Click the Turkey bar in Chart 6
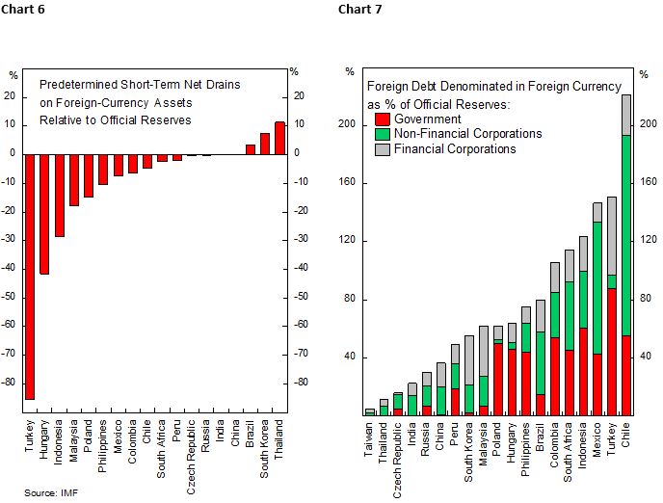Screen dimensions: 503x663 (x=30, y=275)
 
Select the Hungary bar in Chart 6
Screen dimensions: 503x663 (x=44, y=213)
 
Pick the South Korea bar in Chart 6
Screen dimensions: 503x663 (x=265, y=143)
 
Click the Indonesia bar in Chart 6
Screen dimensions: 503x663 (x=59, y=194)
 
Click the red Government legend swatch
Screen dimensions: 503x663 (x=381, y=119)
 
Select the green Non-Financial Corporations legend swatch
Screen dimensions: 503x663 (x=381, y=134)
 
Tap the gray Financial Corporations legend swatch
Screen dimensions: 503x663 (x=381, y=148)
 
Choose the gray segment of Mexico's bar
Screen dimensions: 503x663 (x=597, y=212)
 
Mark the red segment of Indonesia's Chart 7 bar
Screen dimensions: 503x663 (x=583, y=371)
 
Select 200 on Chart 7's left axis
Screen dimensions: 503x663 (x=350, y=96)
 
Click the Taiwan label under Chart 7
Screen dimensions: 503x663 (x=369, y=437)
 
